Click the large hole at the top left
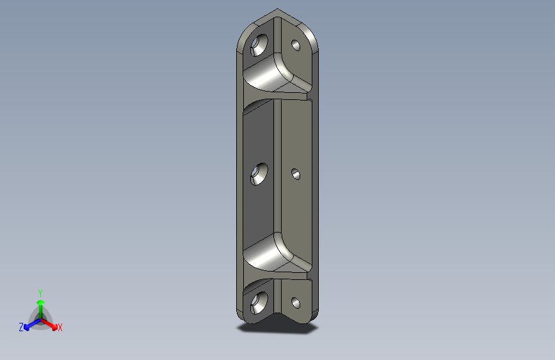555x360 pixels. [x=260, y=44]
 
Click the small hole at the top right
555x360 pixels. [x=296, y=45]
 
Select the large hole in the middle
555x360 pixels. [x=260, y=174]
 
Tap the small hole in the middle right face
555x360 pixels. [x=296, y=174]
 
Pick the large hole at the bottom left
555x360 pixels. [x=260, y=300]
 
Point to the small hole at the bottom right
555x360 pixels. [x=296, y=302]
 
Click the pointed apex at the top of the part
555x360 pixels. [x=277, y=10]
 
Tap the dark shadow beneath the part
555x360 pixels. [x=278, y=329]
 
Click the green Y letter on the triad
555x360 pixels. [x=40, y=293]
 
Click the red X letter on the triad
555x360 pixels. [x=60, y=328]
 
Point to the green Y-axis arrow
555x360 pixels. [x=40, y=306]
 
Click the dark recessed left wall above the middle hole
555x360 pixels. [x=259, y=135]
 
